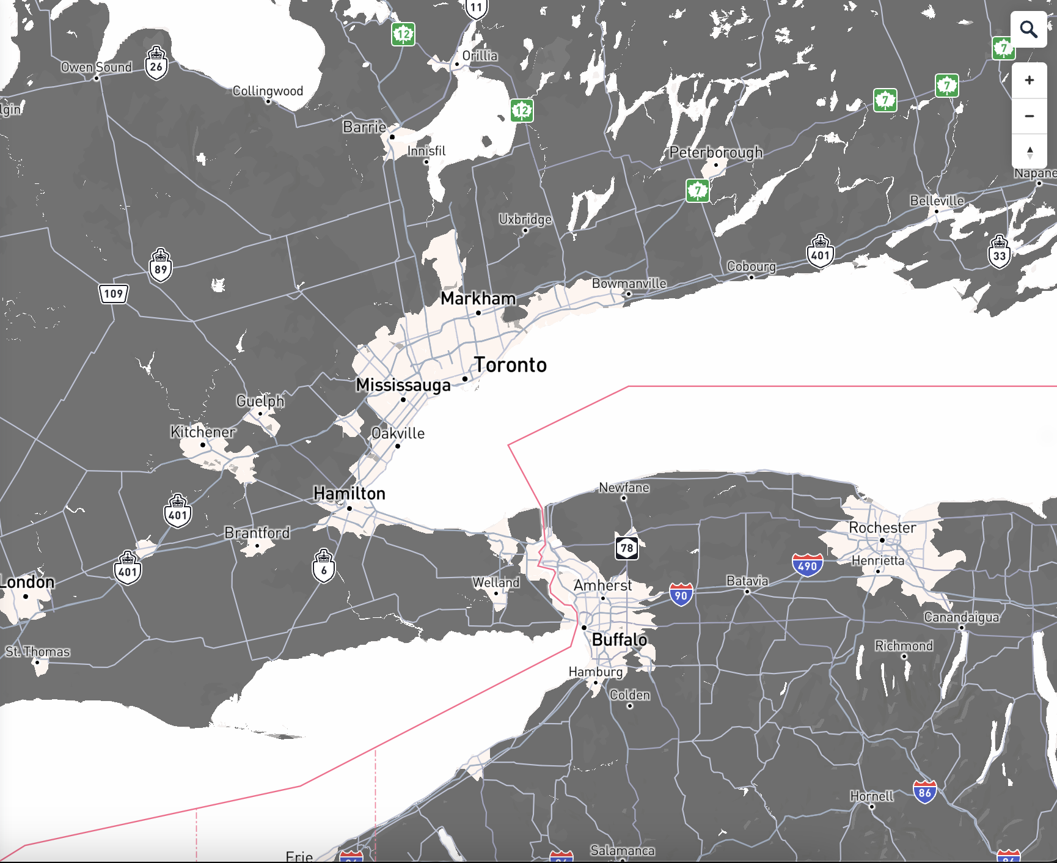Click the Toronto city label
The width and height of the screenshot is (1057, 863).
[x=510, y=365]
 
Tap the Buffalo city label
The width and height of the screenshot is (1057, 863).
[x=619, y=640]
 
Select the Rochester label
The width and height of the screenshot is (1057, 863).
[x=882, y=527]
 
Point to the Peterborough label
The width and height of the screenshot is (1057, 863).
[x=715, y=152]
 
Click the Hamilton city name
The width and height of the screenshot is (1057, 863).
[x=349, y=493]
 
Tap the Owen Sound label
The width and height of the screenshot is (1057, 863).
[x=96, y=67]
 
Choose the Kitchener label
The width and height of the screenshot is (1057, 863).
[x=202, y=432]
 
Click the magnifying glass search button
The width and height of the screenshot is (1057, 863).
[x=1029, y=29]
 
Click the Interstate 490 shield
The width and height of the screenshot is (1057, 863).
[x=807, y=565]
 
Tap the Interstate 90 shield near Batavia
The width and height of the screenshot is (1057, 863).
[x=681, y=595]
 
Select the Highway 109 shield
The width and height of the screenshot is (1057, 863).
[x=114, y=294]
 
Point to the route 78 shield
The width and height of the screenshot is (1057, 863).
[x=627, y=548]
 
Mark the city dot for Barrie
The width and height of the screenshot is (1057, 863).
[x=392, y=137]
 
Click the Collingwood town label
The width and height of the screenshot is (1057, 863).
[x=268, y=91]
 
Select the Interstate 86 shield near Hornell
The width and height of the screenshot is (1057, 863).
[x=924, y=793]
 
